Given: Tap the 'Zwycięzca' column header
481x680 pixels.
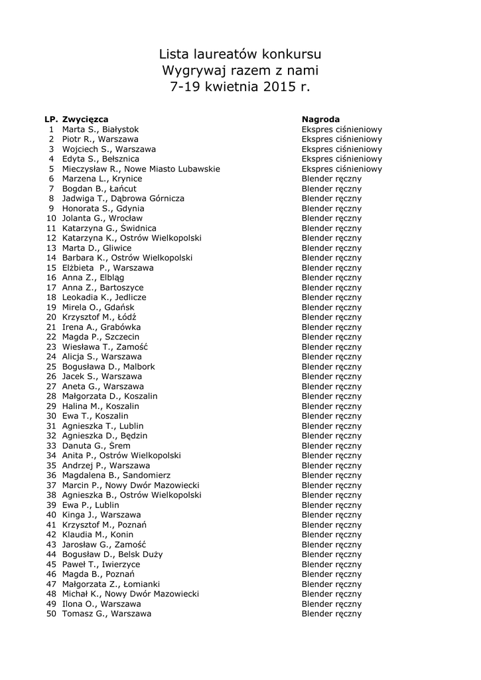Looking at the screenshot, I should pos(85,120).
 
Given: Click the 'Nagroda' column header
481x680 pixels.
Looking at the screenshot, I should pos(320,120).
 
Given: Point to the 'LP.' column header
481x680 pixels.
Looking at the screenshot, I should pos(51,120).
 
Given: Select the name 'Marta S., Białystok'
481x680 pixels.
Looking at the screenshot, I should pos(100,129).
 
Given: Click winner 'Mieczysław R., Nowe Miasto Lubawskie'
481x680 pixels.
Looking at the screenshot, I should pos(141,169).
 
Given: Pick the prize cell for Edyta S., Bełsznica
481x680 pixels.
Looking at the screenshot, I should pos(342,159).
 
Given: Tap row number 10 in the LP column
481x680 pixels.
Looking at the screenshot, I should pos(51,218).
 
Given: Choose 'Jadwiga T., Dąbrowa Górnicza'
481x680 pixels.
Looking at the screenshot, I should pos(123,199).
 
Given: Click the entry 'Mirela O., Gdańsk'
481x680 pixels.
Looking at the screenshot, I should pos(98,307).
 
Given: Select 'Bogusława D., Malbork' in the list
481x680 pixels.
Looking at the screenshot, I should pos(108,367).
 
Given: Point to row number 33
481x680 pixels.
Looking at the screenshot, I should pos(51,446).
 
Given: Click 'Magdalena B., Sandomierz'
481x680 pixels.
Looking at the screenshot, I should pos(116,475).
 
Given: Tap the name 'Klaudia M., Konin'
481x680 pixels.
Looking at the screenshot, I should pos(98,535).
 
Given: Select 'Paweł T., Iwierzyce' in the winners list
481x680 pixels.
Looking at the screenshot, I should pos(101,564).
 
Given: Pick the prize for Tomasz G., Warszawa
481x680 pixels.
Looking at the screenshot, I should pos(332,614).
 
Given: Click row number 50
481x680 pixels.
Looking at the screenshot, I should pos(51,614).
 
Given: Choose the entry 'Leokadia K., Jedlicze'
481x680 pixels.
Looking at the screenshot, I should pos(104,297).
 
